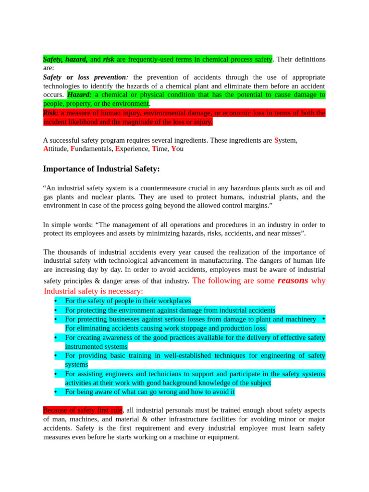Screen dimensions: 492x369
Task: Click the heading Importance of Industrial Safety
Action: (101, 169)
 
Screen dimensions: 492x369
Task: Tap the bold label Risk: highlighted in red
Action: (51, 113)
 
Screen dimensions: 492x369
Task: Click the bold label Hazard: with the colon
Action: (80, 95)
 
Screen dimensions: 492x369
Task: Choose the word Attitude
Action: (56, 149)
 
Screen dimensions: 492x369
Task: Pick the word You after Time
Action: (177, 149)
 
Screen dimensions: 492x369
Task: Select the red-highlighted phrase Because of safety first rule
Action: (83, 410)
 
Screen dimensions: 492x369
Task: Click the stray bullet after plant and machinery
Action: (323, 319)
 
